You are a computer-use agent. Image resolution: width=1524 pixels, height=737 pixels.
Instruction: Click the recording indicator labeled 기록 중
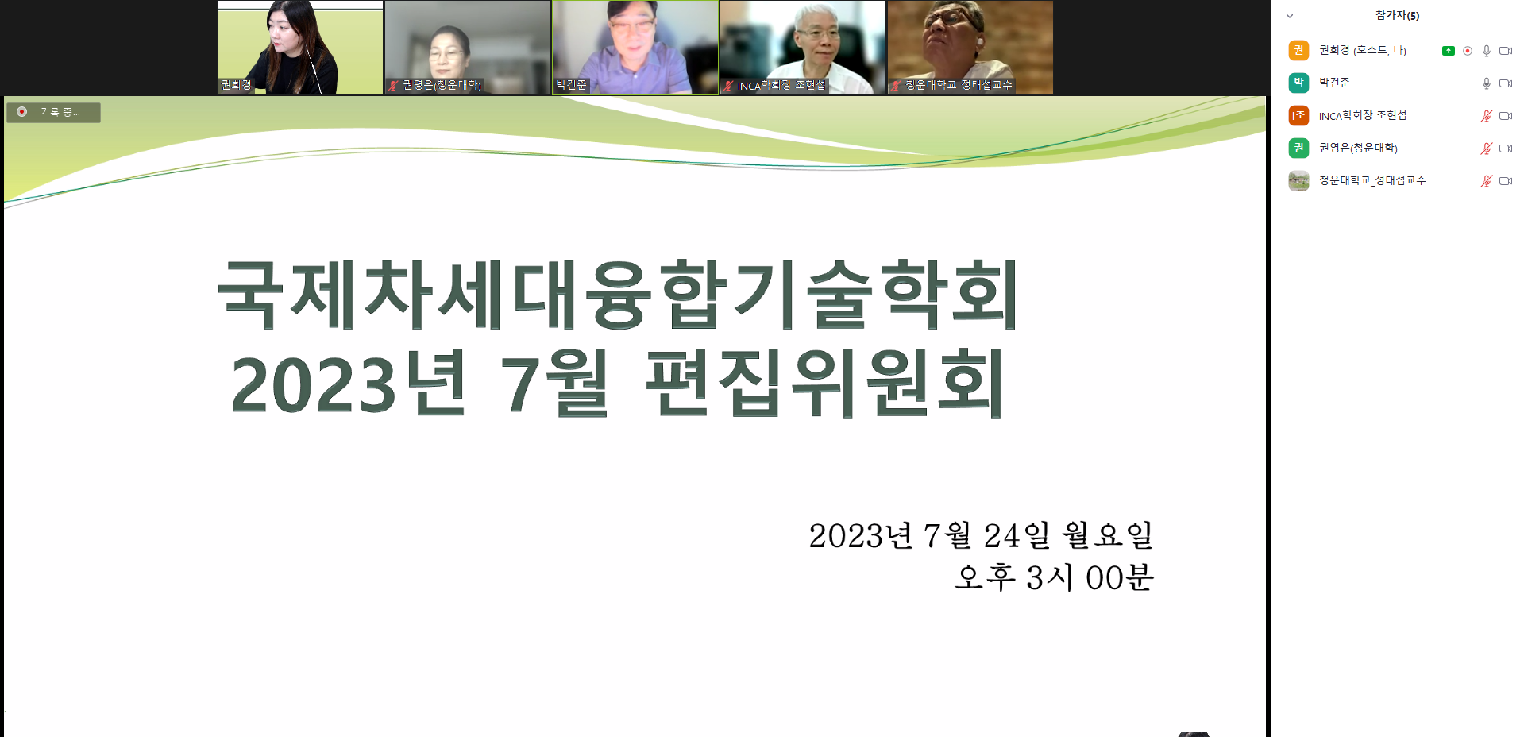click(53, 112)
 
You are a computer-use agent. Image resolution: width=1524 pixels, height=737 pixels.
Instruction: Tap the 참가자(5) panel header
click(1397, 16)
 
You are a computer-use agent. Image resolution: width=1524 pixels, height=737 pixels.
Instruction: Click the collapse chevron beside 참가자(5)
click(1290, 16)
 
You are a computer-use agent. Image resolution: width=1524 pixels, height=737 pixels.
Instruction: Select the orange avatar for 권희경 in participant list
click(1298, 50)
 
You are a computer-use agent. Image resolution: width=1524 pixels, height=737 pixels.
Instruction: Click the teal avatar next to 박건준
click(1298, 83)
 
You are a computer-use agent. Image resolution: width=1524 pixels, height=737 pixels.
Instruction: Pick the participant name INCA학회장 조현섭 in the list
click(1363, 115)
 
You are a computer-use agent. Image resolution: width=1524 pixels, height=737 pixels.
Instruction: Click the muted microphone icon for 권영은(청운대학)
click(1486, 149)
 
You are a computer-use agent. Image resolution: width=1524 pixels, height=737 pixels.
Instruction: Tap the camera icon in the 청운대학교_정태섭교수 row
click(1505, 181)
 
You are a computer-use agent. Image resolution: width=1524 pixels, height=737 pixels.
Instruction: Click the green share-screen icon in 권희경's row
click(1448, 51)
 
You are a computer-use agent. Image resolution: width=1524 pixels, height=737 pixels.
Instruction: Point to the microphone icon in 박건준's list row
click(1486, 83)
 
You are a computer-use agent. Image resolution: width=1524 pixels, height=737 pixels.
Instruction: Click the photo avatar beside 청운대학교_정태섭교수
click(1298, 180)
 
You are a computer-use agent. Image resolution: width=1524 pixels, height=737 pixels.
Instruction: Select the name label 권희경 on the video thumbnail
click(236, 85)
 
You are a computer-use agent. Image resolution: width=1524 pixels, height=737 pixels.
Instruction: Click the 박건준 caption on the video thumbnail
click(571, 85)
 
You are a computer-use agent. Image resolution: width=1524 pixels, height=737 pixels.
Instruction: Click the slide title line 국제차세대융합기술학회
click(618, 294)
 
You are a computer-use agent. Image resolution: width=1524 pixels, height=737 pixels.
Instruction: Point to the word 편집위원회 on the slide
click(824, 383)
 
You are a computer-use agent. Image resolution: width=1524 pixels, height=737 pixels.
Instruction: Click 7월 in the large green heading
click(554, 383)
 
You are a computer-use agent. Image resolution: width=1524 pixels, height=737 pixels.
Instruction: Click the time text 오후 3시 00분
click(1054, 577)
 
